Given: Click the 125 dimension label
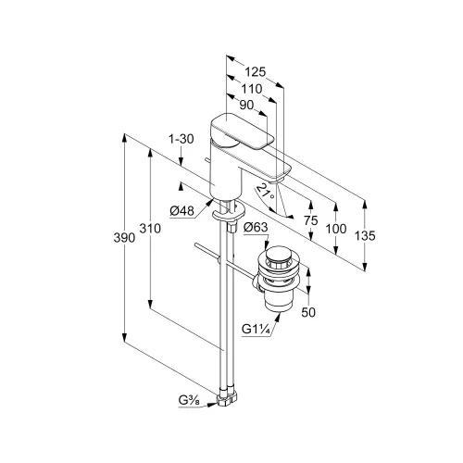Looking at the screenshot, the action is pos(256,72).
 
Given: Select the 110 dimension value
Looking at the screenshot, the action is pos(252,89).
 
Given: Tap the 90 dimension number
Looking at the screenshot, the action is pos(246,106).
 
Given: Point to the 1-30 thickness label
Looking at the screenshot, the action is pos(181,139).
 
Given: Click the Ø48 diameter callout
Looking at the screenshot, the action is pos(181,211).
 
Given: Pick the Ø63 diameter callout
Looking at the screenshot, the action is pos(256,228).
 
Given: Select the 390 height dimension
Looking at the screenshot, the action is pos(124,238).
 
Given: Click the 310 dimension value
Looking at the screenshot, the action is pos(150,229).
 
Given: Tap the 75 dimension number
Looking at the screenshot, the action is pos(310,220).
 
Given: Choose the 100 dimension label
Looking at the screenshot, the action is pos(336,229).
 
